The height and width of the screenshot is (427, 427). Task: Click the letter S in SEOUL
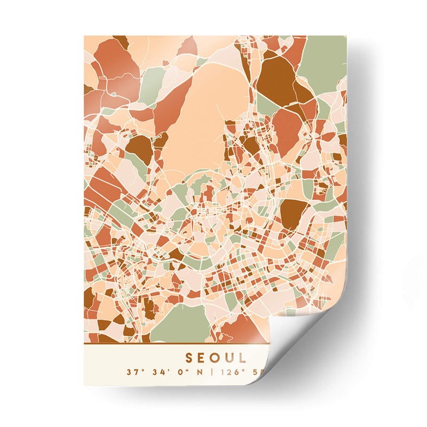point(189,357)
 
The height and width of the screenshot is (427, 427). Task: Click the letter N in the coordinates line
point(199,371)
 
